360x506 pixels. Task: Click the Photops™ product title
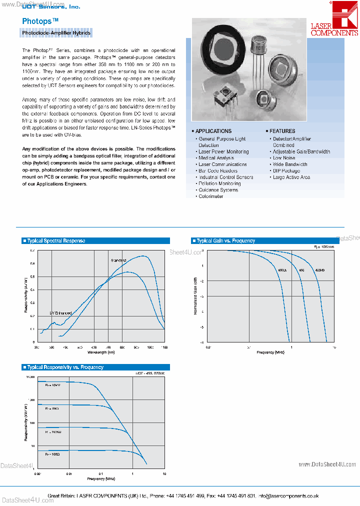point(40,21)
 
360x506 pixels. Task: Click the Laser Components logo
point(334,20)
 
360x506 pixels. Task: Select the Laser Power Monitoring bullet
point(223,151)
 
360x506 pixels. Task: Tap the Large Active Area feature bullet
point(291,177)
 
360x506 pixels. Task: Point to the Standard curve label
point(118,260)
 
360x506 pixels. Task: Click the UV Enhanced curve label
point(60,313)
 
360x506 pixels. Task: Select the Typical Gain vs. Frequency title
point(225,240)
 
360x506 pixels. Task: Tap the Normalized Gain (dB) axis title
point(195,296)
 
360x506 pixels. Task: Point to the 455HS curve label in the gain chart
point(319,270)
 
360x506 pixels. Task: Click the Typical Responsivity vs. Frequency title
point(65,367)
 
